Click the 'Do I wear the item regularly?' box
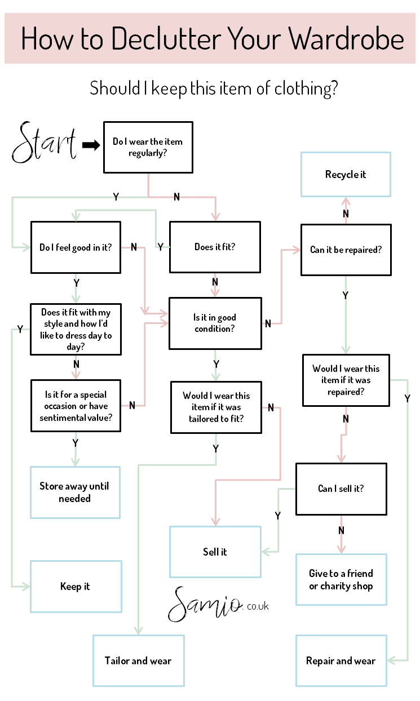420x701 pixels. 148,147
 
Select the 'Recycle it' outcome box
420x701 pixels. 346,174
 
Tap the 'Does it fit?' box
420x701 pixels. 215,247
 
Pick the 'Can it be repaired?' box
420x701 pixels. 346,250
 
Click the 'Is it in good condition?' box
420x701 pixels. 215,323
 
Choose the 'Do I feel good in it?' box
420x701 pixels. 75,247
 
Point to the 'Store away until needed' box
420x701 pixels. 74,492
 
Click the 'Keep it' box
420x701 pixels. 75,586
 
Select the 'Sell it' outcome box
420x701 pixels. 215,552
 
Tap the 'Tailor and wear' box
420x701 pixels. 138,660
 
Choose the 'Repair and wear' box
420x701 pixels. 341,660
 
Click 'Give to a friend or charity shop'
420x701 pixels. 341,579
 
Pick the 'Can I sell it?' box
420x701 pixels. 341,489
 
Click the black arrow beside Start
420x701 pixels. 91,145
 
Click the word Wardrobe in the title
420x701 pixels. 346,39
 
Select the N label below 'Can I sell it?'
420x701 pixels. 341,530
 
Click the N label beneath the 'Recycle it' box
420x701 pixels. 346,214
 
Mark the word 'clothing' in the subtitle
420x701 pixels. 305,88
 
